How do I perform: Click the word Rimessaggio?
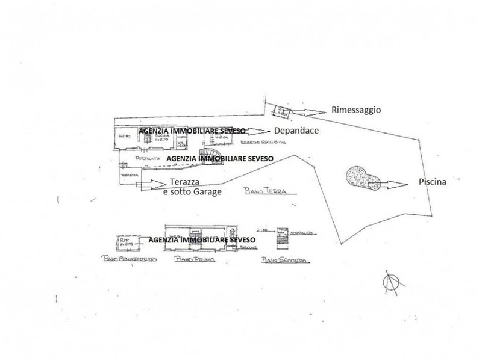356,110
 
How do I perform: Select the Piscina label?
432,183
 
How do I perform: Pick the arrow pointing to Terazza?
148,185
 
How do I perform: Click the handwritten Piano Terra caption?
264,191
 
